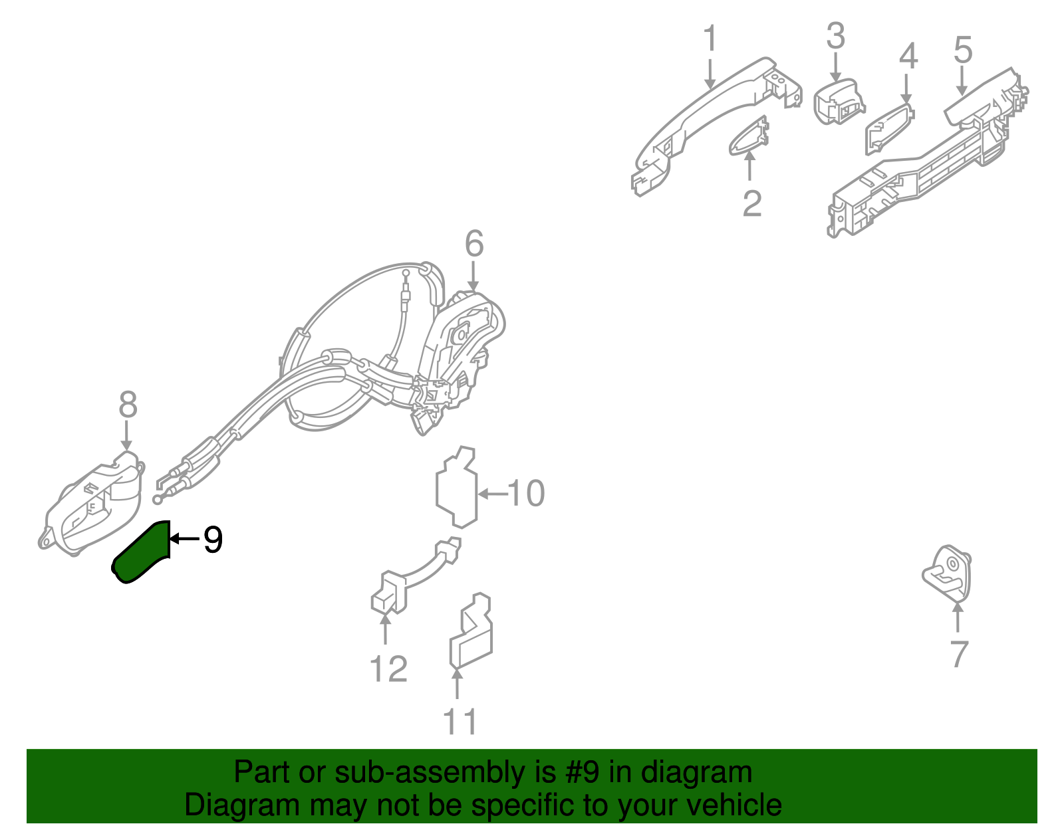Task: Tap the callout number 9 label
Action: pyautogui.click(x=213, y=540)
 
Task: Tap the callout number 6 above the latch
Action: pyautogui.click(x=473, y=244)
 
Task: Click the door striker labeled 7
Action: pyautogui.click(x=948, y=573)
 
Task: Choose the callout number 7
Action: pyautogui.click(x=958, y=653)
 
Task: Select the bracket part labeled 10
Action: pyautogui.click(x=456, y=488)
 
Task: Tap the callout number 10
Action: pyautogui.click(x=526, y=493)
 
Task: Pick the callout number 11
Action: pyautogui.click(x=460, y=722)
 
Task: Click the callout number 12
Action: pyautogui.click(x=388, y=669)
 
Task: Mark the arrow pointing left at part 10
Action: pyautogui.click(x=491, y=494)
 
